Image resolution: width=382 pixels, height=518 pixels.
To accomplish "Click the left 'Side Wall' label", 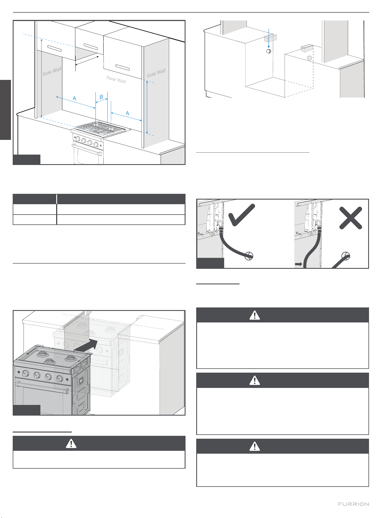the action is pos(52,71).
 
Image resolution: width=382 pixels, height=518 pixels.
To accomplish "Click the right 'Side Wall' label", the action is pos(156,73).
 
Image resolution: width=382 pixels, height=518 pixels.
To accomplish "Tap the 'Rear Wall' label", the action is pos(116,80).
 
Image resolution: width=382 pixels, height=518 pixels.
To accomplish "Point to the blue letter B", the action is pos(101,97).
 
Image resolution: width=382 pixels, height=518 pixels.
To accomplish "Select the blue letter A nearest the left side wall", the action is pos(74,98).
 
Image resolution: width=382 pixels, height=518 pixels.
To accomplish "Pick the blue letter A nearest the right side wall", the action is pos(128,113).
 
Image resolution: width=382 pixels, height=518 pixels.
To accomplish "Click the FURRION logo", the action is pos(353,504).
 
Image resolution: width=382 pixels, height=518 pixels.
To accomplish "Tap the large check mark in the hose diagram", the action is pos(241,215).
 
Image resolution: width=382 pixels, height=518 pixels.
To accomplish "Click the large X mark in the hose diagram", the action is pos(351,218).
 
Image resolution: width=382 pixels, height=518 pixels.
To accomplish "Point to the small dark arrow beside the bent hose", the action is pos(299,264).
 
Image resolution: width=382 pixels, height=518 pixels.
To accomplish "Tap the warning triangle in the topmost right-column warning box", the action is pos(254,315).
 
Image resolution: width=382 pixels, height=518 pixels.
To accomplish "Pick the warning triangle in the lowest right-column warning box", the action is pos(254,446).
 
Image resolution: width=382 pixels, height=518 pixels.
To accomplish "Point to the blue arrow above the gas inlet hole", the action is pos(269,39).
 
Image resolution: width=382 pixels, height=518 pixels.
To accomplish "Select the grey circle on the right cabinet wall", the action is pos(309,58).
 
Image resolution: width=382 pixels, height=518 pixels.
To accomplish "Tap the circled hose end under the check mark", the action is pos(249,256).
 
